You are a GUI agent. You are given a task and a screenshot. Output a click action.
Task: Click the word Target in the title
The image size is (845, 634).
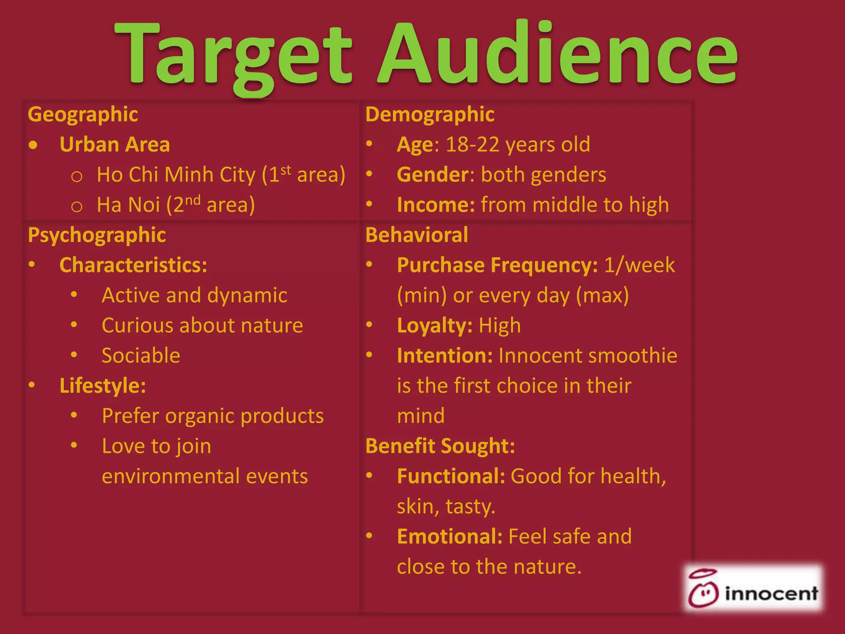(x=233, y=56)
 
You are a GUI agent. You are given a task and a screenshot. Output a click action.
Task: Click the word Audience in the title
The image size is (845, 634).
(x=557, y=54)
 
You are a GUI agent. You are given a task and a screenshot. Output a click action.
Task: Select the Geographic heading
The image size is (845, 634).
(x=83, y=114)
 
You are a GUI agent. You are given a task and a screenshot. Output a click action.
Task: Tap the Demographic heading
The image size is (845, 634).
(x=430, y=114)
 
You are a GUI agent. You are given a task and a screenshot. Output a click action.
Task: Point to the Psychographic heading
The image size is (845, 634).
(x=97, y=235)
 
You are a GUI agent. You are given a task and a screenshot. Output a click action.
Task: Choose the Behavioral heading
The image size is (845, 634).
(x=417, y=235)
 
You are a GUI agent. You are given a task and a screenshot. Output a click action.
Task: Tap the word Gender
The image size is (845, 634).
(x=432, y=175)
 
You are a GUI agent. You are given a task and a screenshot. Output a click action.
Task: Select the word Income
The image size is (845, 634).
(x=436, y=205)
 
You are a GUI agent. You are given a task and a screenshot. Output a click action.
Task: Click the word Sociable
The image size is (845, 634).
(x=141, y=356)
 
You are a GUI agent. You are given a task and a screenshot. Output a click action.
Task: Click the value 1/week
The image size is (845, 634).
(x=639, y=265)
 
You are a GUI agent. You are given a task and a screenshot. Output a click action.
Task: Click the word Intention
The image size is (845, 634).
(x=444, y=356)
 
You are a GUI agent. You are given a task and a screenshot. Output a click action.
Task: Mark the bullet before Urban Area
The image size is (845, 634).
(x=33, y=145)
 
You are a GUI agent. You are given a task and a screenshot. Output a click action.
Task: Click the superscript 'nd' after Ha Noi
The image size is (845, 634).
(x=192, y=200)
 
